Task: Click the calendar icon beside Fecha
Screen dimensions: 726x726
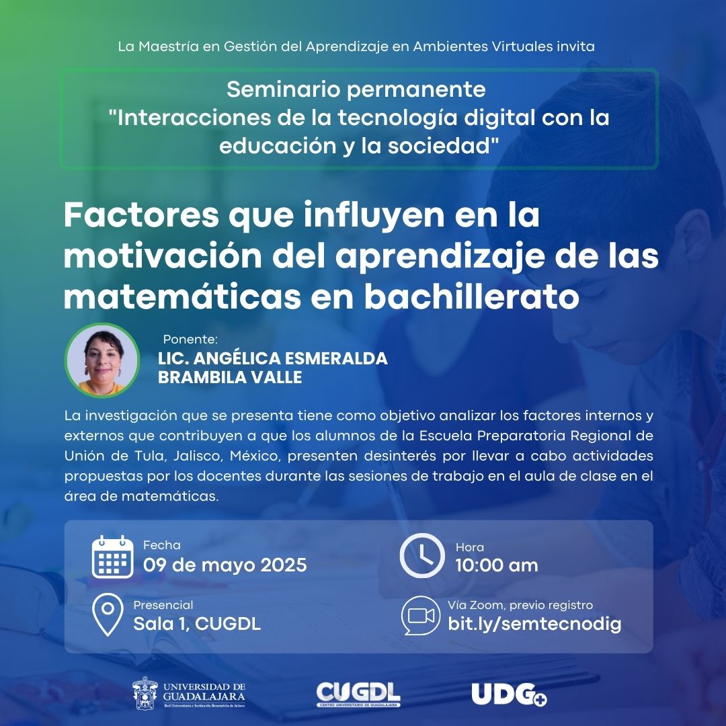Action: pyautogui.click(x=112, y=557)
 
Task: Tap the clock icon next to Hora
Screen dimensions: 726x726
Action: pyautogui.click(x=421, y=555)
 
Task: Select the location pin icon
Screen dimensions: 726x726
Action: pyautogui.click(x=108, y=615)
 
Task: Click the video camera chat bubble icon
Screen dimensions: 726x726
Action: pyautogui.click(x=420, y=615)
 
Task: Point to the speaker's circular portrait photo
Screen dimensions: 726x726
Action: pyautogui.click(x=102, y=360)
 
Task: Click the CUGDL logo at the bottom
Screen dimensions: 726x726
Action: pyautogui.click(x=358, y=694)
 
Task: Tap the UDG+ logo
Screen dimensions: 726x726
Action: pyautogui.click(x=509, y=694)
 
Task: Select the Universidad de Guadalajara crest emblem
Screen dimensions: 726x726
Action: pyautogui.click(x=145, y=693)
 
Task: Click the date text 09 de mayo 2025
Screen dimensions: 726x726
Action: pyautogui.click(x=225, y=565)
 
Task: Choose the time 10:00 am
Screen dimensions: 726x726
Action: pyautogui.click(x=496, y=565)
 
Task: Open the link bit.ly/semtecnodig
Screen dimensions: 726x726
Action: pyautogui.click(x=534, y=624)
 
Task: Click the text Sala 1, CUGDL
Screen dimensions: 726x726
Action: pyautogui.click(x=197, y=624)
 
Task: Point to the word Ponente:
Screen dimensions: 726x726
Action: pyautogui.click(x=190, y=339)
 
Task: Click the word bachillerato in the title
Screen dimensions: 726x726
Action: pyautogui.click(x=472, y=296)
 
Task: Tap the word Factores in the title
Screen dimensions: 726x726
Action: pyautogui.click(x=141, y=214)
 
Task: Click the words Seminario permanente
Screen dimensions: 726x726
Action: pyautogui.click(x=356, y=89)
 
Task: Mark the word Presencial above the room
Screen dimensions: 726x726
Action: pyautogui.click(x=163, y=605)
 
